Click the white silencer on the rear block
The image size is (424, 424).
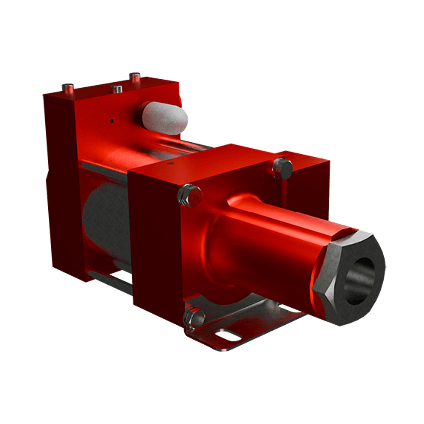tap(163, 117)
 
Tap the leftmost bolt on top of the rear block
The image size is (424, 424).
tap(68, 88)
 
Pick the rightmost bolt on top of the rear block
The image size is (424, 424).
tap(135, 77)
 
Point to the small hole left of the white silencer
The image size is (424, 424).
tap(111, 120)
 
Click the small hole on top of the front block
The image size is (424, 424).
tap(171, 163)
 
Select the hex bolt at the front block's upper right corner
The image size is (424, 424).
tap(283, 168)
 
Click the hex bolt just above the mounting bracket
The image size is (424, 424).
tap(193, 317)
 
